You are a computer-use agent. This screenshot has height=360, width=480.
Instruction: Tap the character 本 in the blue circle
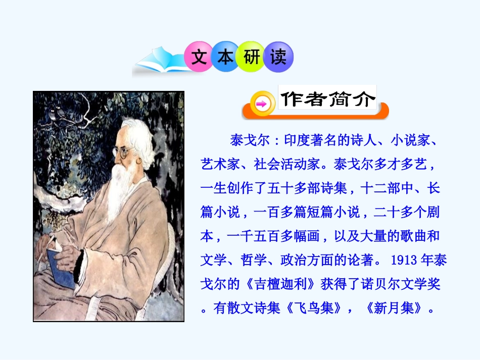coord(225,57)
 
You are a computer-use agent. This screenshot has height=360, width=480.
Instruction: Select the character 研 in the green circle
coord(252,57)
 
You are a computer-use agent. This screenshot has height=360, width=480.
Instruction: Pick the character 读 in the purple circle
coord(278,57)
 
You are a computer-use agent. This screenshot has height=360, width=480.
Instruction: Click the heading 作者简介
coord(328,99)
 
